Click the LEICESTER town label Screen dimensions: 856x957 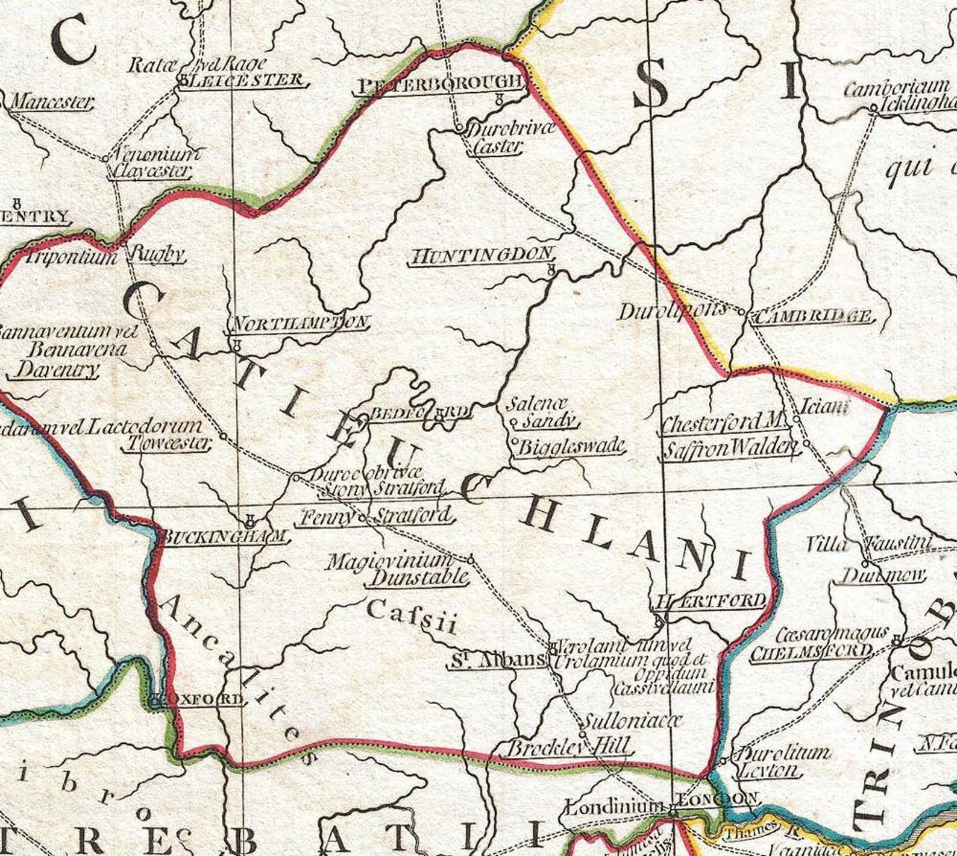click(245, 80)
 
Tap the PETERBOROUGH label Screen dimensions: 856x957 click(438, 84)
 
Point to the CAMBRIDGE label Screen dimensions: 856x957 click(813, 315)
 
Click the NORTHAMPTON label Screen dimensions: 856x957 click(298, 323)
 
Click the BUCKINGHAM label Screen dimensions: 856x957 click(224, 536)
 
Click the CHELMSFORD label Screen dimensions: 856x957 click(811, 651)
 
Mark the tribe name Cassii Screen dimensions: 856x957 click(412, 616)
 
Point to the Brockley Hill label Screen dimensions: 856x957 click(569, 748)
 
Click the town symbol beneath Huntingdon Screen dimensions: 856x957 click(550, 271)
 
